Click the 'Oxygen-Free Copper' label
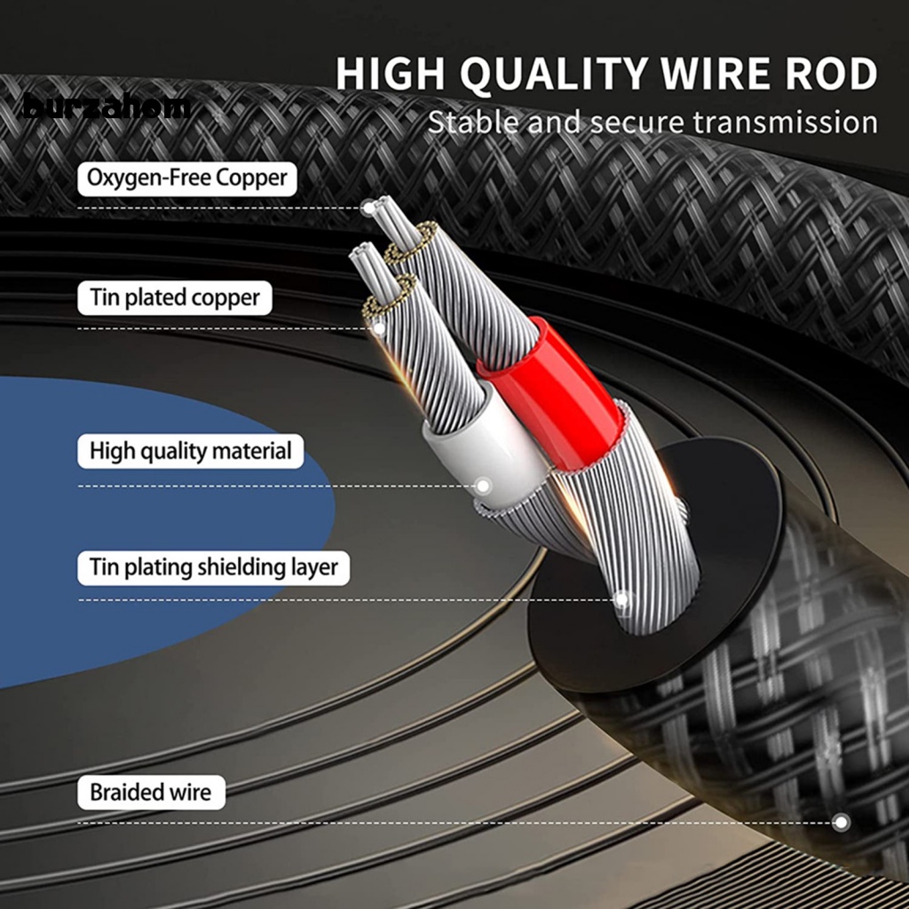[x=186, y=178]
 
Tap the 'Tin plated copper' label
[x=175, y=297]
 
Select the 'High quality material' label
[x=190, y=451]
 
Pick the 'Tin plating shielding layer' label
[x=213, y=566]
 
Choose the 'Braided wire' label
[x=151, y=792]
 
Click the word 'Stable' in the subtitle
[x=476, y=123]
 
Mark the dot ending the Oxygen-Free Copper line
[x=368, y=208]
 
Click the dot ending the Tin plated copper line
[x=379, y=328]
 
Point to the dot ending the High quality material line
[x=483, y=486]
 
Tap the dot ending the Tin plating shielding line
[x=621, y=599]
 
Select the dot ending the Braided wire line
[x=841, y=822]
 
